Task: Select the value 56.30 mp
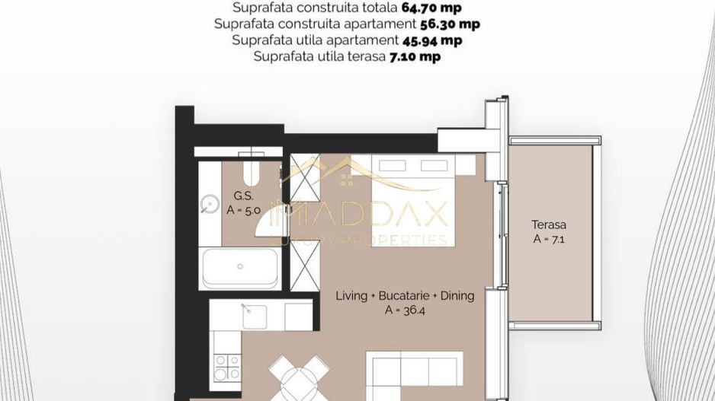[x=450, y=24]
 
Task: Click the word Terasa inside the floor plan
[x=549, y=225]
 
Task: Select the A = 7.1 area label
[x=549, y=239]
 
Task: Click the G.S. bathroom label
[x=234, y=196]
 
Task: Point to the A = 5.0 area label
[x=244, y=210]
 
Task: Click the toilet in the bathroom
[x=253, y=175]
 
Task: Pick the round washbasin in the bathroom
[x=209, y=203]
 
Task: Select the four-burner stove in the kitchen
[x=226, y=368]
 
